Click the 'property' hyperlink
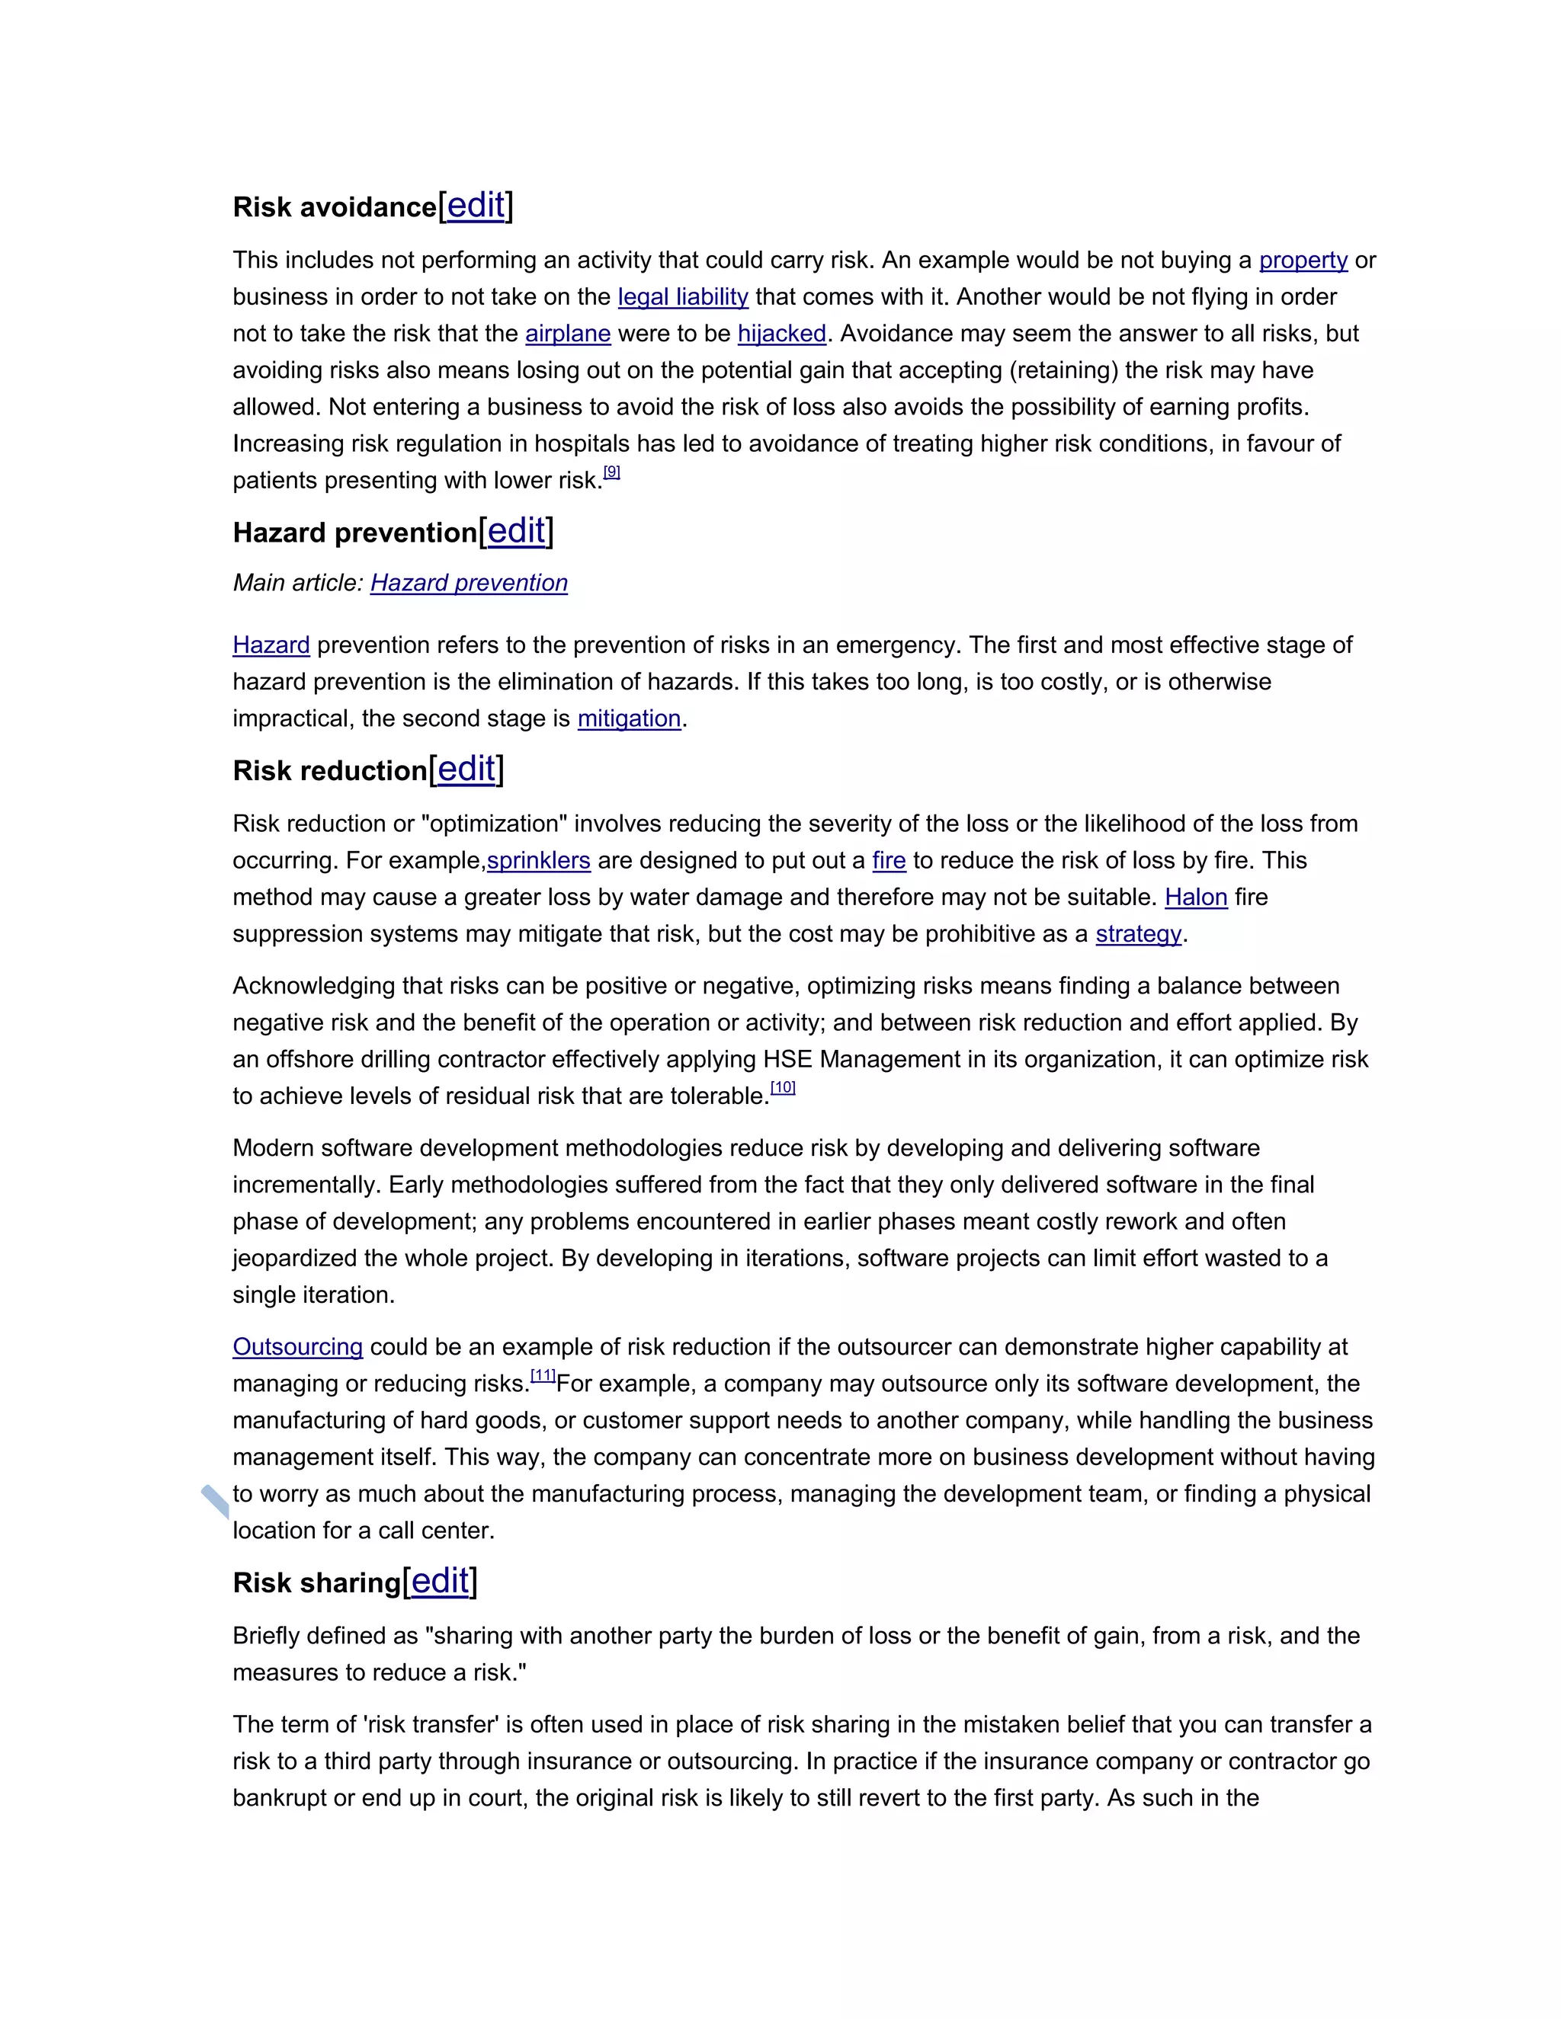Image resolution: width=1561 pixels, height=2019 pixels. pyautogui.click(x=1303, y=260)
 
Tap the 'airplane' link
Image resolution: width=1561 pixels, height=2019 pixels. pyautogui.click(x=568, y=334)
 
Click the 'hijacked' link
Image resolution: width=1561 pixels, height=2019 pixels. pyautogui.click(x=781, y=334)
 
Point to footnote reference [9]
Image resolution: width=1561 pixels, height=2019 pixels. pyautogui.click(x=611, y=472)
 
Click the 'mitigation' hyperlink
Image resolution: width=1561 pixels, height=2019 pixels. pyautogui.click(x=629, y=718)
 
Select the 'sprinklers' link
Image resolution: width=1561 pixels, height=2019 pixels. pyautogui.click(x=538, y=861)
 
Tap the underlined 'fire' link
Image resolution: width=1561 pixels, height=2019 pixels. pyautogui.click(x=889, y=861)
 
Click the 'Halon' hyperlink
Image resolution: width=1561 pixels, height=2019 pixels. pyautogui.click(x=1196, y=897)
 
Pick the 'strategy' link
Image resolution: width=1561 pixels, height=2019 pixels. pyautogui.click(x=1139, y=934)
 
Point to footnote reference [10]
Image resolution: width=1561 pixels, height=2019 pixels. pyautogui.click(x=782, y=1087)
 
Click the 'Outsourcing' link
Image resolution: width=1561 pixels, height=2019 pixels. pyautogui.click(x=298, y=1347)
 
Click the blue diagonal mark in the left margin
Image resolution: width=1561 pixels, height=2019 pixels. pyautogui.click(x=214, y=1502)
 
